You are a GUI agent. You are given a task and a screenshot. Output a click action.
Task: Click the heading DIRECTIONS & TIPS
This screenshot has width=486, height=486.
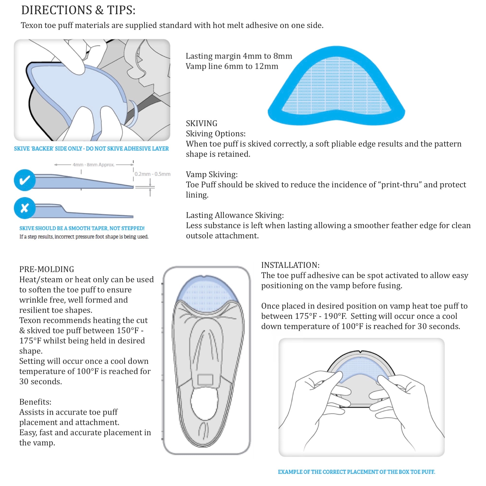pyautogui.click(x=78, y=10)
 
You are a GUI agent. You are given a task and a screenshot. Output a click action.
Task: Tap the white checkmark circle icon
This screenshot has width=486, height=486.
pyautogui.click(x=25, y=180)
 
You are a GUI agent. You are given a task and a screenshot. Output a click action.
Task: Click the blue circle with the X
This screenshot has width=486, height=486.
pyautogui.click(x=25, y=208)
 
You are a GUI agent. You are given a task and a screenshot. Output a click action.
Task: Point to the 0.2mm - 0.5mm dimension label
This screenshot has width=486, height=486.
pyautogui.click(x=152, y=174)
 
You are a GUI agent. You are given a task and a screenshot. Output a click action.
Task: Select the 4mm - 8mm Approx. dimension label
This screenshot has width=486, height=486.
pyautogui.click(x=94, y=165)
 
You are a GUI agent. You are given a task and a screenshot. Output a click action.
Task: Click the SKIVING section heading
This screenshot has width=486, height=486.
pyautogui.click(x=201, y=123)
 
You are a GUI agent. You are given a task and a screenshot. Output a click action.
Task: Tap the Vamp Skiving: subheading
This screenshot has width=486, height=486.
pyautogui.click(x=212, y=174)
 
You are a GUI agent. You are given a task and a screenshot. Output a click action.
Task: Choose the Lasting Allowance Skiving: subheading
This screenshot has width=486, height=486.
pyautogui.click(x=235, y=215)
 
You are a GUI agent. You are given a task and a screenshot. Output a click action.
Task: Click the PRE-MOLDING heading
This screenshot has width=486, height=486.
pyautogui.click(x=47, y=269)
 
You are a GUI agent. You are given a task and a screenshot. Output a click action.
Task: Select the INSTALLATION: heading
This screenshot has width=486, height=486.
pyautogui.click(x=290, y=265)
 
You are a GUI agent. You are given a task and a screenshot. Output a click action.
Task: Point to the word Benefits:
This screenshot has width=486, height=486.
pyautogui.click(x=35, y=402)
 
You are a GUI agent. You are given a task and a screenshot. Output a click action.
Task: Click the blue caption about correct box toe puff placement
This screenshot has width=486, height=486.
pyautogui.click(x=356, y=472)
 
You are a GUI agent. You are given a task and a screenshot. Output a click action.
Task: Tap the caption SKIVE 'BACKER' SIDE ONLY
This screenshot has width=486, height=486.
pyautogui.click(x=91, y=149)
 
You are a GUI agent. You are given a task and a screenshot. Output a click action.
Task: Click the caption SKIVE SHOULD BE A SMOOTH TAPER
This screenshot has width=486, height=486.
pyautogui.click(x=82, y=228)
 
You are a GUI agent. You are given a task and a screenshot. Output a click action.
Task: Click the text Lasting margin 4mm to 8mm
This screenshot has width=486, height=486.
pyautogui.click(x=239, y=56)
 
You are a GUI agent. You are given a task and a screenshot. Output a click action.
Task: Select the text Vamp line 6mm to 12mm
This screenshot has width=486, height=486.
pyautogui.click(x=232, y=66)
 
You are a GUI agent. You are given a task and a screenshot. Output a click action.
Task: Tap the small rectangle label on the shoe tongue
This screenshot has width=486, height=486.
pyautogui.click(x=205, y=380)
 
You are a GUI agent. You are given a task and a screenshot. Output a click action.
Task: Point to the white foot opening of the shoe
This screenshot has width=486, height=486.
pyautogui.click(x=205, y=405)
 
